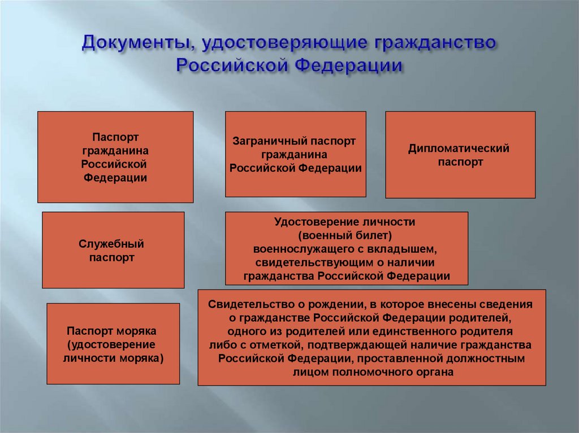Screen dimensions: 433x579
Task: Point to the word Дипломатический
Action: coord(459,148)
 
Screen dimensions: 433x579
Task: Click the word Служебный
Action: coord(111,244)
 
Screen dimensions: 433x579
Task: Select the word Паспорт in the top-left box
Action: coord(115,137)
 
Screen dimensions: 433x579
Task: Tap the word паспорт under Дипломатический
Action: coord(459,162)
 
